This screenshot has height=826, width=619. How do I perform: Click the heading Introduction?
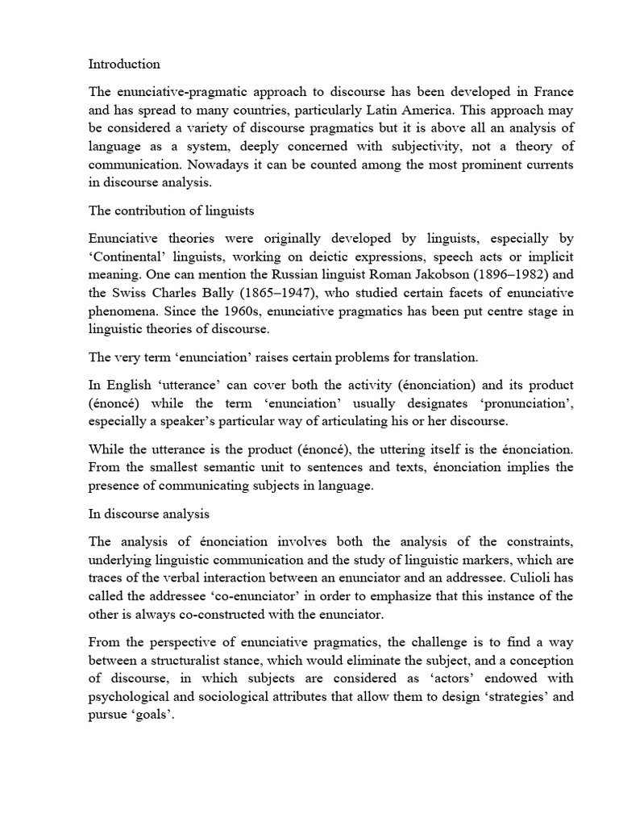[x=124, y=64]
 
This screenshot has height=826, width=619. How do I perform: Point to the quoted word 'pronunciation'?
[x=530, y=403]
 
